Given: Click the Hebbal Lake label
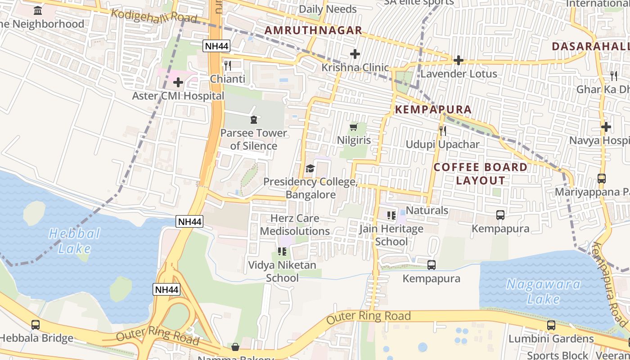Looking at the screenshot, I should click(x=74, y=241).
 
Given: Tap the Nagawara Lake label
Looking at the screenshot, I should click(x=544, y=291).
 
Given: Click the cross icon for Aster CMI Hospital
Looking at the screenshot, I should click(x=178, y=82).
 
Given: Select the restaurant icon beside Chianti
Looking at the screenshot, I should click(x=228, y=66).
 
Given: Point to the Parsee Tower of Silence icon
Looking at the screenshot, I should click(x=253, y=120).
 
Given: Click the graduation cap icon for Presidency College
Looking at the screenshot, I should click(x=310, y=169).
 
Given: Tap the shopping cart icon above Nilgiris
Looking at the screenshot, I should click(x=354, y=127).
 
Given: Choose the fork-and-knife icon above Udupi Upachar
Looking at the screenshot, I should click(x=443, y=131).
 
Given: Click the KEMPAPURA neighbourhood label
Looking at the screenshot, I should click(x=433, y=109).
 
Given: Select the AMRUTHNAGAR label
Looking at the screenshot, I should click(x=313, y=30).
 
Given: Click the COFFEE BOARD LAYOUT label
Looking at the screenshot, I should click(x=481, y=174).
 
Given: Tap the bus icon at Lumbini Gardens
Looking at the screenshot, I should click(x=551, y=325).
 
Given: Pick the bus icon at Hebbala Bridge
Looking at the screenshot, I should click(x=36, y=324).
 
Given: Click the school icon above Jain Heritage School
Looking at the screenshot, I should click(x=391, y=216).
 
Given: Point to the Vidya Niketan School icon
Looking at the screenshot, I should click(x=282, y=252).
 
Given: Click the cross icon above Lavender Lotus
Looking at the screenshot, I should click(x=459, y=60).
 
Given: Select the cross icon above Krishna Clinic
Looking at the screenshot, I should click(x=355, y=54).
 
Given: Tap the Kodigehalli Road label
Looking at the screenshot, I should click(x=154, y=16).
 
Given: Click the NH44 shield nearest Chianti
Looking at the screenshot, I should click(x=216, y=46).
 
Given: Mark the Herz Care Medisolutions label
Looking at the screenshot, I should click(x=295, y=225).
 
